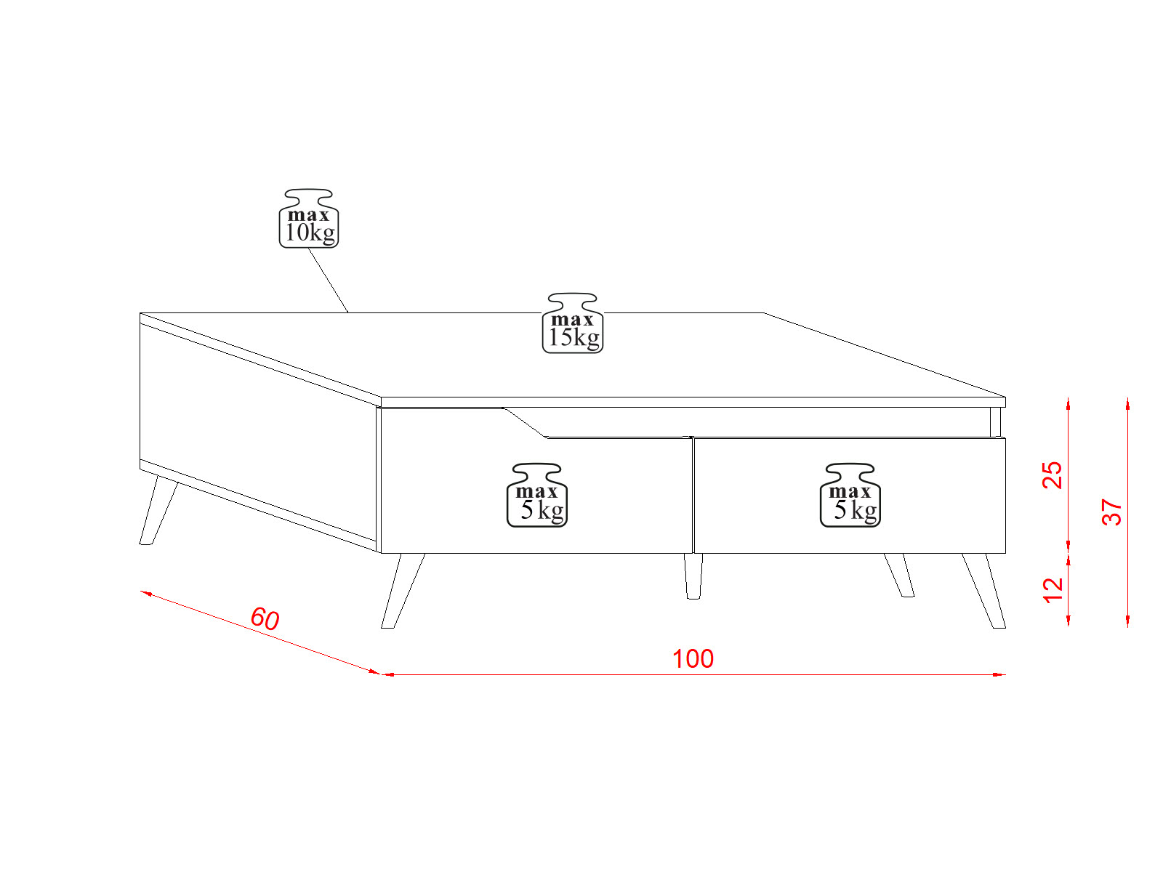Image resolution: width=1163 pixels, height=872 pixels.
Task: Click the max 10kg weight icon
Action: point(308,218)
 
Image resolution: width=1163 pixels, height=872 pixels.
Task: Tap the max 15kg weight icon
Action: point(572,323)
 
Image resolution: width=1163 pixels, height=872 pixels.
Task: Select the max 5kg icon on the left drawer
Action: point(536,496)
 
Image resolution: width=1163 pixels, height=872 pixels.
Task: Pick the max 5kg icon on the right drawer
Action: point(850,496)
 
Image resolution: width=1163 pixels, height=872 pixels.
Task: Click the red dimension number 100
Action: point(693,659)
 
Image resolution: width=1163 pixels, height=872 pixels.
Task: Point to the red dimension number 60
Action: point(265,618)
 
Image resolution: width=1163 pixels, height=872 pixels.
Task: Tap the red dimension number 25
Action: point(1053,475)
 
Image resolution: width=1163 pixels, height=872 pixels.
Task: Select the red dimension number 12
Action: point(1053,590)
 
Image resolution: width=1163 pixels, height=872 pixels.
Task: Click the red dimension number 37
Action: point(1111,512)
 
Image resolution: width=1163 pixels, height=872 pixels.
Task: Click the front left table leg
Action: point(402,591)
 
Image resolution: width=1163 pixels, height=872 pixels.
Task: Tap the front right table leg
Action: point(984,591)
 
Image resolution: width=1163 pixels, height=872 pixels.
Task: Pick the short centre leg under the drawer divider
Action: point(693,576)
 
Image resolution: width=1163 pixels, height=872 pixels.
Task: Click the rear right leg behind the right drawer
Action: point(899,576)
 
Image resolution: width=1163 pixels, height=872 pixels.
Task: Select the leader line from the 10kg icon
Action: point(329,280)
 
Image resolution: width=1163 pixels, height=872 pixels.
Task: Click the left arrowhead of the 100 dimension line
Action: point(387,674)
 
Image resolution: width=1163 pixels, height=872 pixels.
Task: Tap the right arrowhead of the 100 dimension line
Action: point(999,674)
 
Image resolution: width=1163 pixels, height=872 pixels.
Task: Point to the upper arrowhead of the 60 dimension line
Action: point(146,594)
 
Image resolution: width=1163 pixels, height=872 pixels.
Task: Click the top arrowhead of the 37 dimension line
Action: point(1127,404)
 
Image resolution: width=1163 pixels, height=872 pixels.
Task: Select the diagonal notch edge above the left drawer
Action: point(525,422)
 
